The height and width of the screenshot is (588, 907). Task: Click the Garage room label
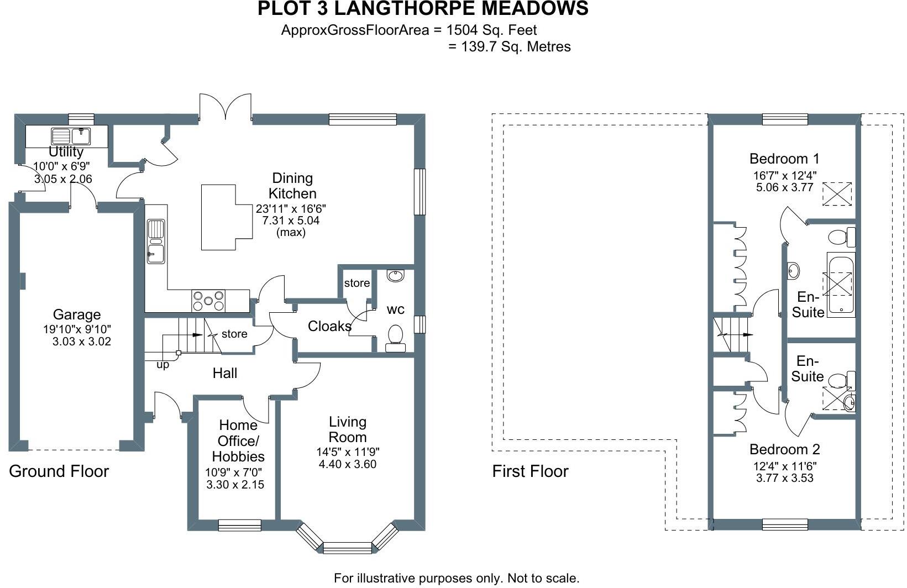pos(76,314)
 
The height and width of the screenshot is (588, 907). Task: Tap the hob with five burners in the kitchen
pos(208,301)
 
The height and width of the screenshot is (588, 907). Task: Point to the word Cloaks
pos(329,326)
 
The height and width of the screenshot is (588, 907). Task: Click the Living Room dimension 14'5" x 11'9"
pos(348,452)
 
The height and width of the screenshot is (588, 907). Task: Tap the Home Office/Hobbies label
pos(238,440)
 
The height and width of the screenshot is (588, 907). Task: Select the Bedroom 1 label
pos(784,159)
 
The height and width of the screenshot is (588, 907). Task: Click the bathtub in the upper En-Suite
pos(840,284)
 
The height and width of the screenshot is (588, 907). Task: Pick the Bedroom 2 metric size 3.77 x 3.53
pos(784,478)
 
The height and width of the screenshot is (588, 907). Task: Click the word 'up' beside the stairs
pos(162,365)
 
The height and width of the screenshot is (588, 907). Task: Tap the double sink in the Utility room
pos(71,135)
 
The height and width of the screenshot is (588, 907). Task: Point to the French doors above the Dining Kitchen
pos(226,107)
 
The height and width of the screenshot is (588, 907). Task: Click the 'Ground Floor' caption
pos(59,471)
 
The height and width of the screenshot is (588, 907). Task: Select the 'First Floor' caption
pos(530,471)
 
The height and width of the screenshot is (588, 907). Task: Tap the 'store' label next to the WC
pos(356,283)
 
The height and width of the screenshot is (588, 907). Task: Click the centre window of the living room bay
pos(347,548)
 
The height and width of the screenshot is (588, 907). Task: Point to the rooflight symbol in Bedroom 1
pos(837,194)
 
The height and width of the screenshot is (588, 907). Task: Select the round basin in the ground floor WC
pos(395,275)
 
